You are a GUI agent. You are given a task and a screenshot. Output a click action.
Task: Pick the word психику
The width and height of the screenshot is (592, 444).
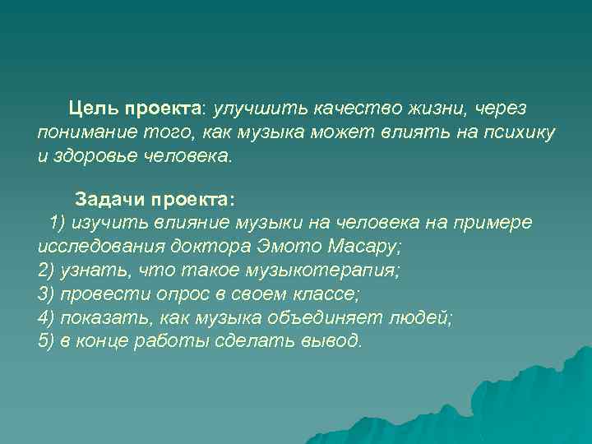click(520, 133)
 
